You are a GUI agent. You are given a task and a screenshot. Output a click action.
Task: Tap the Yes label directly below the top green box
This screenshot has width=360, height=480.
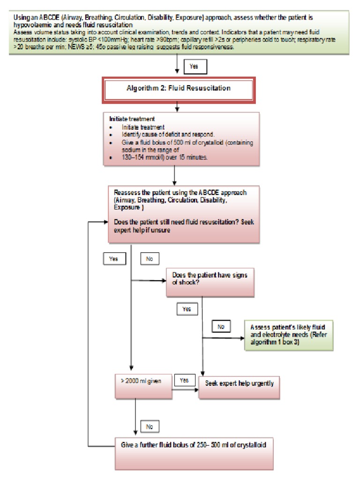[194, 67]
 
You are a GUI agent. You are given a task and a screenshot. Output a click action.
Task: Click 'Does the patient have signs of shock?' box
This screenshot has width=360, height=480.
[207, 279]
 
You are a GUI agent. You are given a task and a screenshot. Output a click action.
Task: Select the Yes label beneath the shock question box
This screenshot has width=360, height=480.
[187, 309]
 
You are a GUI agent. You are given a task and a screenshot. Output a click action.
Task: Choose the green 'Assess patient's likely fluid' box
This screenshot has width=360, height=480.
[288, 333]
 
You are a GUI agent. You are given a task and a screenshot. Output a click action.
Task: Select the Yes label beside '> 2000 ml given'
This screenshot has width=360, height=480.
[184, 380]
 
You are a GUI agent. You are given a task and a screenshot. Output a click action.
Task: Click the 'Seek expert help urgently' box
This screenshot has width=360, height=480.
[239, 383]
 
